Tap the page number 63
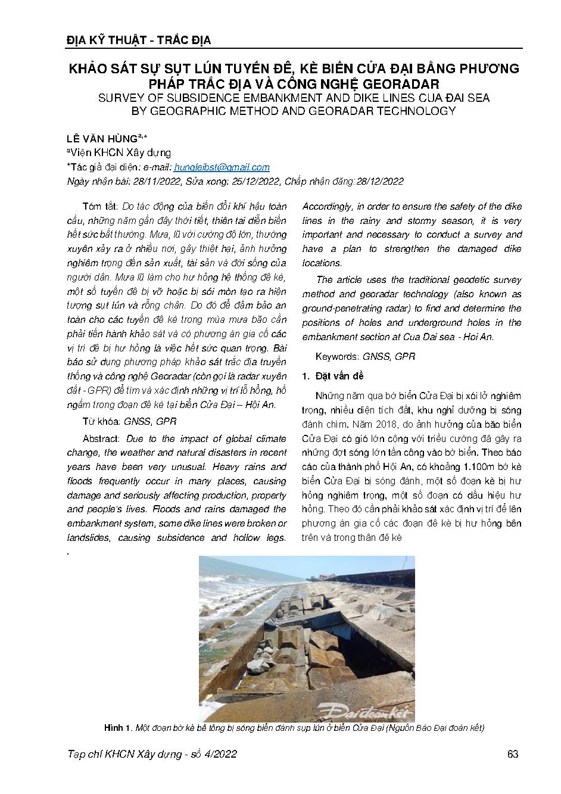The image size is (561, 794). [512, 754]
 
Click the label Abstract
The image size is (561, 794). [102, 438]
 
